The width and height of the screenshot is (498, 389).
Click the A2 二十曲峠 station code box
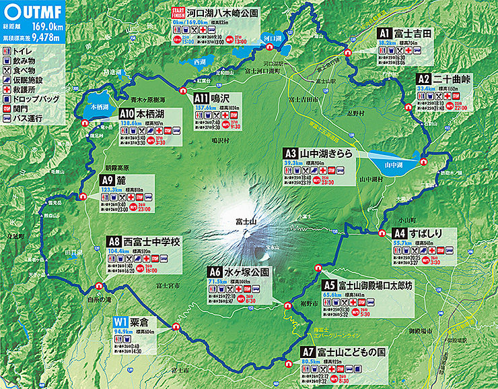pos(423,79)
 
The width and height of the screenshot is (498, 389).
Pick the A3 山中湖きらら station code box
pos(290,154)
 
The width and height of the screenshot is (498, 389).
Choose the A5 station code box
pos(329,285)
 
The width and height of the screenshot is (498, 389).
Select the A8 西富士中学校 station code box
pos(114,241)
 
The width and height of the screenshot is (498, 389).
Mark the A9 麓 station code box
pos(107,180)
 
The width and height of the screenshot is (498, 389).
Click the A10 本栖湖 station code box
pos(126,115)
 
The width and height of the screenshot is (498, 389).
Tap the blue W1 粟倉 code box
pos(121,322)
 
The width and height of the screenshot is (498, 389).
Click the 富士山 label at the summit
pos(244,221)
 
